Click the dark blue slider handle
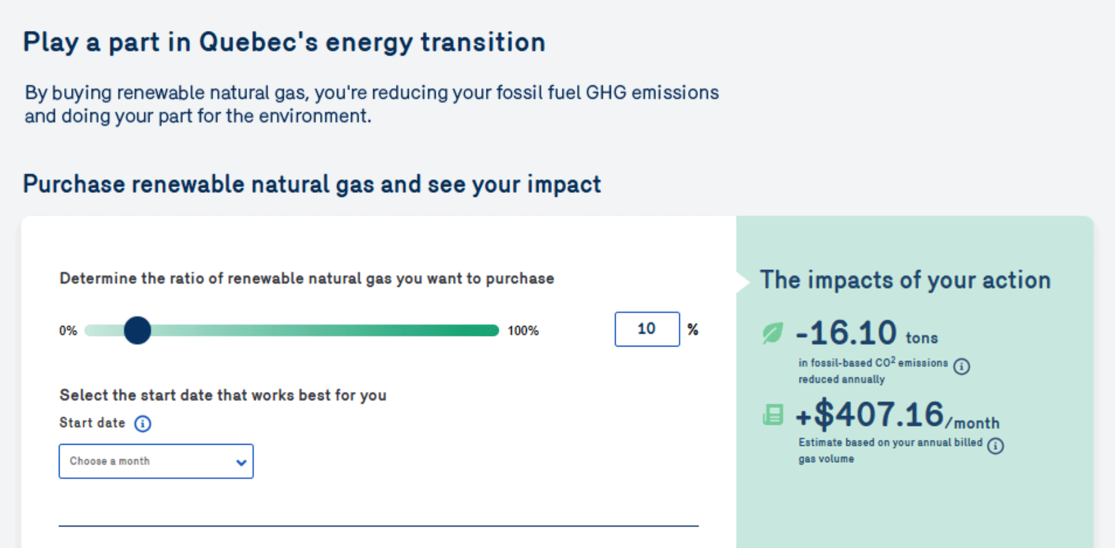coord(137,330)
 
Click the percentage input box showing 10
coord(647,329)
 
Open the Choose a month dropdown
coord(156,461)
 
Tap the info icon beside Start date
coord(143,424)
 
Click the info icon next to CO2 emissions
coord(961,367)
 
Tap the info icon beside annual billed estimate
coord(996,446)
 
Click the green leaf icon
coord(773,333)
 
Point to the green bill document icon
coord(773,415)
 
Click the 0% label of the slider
coord(68,331)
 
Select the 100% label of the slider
coord(523,331)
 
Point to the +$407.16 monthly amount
coord(897,415)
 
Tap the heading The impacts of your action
coord(905,280)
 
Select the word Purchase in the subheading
coord(74,184)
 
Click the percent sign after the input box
coord(693,329)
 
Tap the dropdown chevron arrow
coord(241,462)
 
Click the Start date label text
coord(92,423)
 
